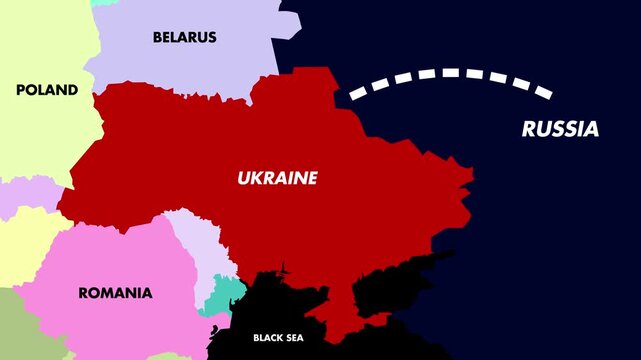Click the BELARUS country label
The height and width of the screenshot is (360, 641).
click(x=184, y=37)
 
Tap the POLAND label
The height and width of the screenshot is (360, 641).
click(x=47, y=90)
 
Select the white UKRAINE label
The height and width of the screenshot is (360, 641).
click(x=277, y=178)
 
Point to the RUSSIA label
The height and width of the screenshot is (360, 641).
click(x=560, y=129)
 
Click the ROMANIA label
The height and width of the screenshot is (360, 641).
click(x=115, y=293)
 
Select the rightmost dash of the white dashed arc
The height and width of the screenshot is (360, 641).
click(x=541, y=92)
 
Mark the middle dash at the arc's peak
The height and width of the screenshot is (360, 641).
click(x=449, y=72)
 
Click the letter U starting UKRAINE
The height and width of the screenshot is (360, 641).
click(x=243, y=178)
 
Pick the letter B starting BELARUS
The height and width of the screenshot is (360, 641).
click(x=158, y=37)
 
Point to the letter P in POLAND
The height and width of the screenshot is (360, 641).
click(x=21, y=90)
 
